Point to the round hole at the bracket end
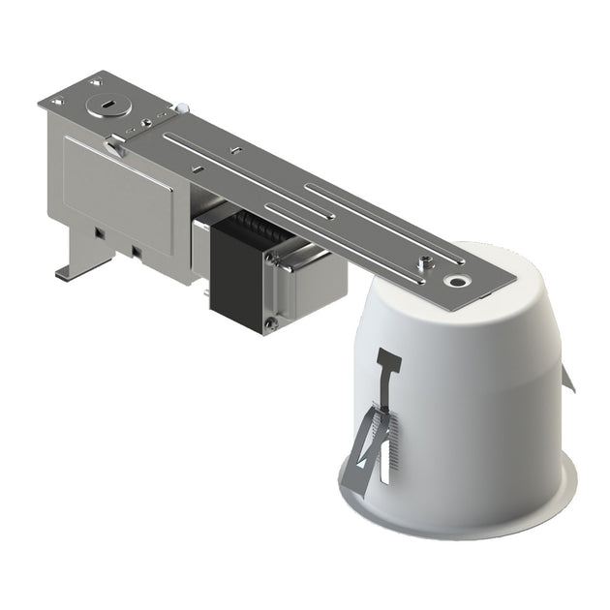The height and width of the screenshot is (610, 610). pos(455,281)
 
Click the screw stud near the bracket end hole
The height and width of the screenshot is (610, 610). pos(423,261)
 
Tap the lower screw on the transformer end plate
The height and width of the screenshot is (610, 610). pos(273,324)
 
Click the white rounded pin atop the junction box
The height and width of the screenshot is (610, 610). pos(180,109)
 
